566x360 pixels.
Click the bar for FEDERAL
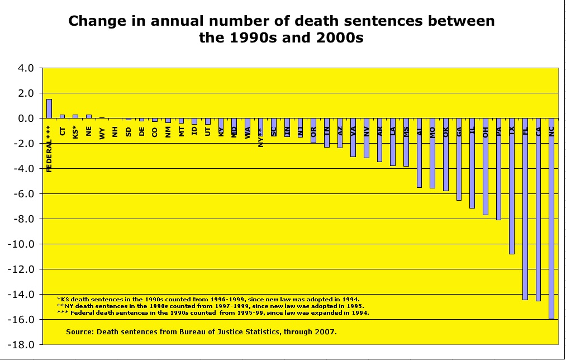49,108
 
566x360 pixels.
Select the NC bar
551,218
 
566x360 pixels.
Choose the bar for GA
459,159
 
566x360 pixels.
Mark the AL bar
419,153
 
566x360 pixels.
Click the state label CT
62,131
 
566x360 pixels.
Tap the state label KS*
75,132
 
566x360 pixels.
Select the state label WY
102,132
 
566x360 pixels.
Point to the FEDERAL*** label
49,149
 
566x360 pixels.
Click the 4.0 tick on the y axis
27,68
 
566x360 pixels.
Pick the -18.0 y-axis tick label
23,345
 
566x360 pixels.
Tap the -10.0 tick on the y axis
23,244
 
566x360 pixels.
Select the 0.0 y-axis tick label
27,119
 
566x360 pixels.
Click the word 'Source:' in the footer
80,331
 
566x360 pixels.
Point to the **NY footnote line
210,306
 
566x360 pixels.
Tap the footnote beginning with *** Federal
213,313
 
